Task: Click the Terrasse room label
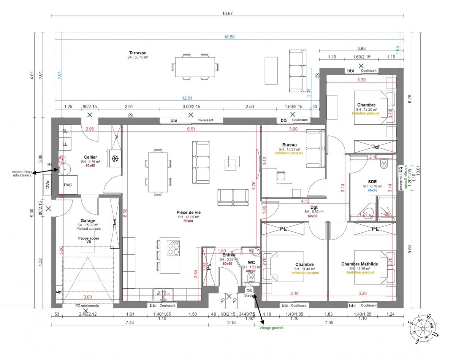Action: (138, 53)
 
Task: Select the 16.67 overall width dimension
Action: (227, 13)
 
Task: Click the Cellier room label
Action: (90, 157)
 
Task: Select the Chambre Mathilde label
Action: (359, 264)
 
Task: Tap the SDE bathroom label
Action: (372, 182)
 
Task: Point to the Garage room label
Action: (88, 221)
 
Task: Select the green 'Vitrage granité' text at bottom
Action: (271, 327)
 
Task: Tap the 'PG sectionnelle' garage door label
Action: (87, 305)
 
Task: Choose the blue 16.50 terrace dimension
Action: (229, 37)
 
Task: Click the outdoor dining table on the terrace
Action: (195, 67)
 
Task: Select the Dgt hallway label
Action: (313, 207)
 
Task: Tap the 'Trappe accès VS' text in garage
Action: (88, 240)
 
